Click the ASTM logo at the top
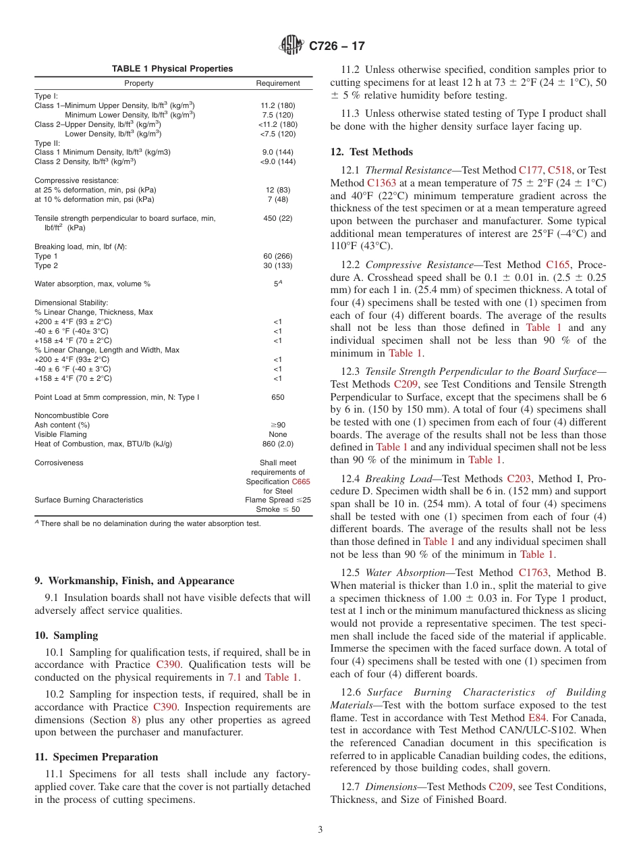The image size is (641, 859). [291, 46]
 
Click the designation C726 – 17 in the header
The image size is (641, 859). [337, 47]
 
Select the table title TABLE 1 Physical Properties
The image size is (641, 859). [172, 69]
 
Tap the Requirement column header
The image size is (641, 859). [277, 83]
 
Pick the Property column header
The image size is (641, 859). [138, 83]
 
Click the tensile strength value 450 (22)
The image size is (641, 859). [277, 218]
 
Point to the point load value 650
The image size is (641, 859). [277, 397]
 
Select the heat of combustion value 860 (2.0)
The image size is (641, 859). [277, 444]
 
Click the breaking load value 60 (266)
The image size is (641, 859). [277, 256]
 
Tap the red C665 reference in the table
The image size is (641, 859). [301, 481]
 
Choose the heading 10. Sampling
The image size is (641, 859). [66, 635]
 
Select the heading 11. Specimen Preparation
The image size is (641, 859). [96, 757]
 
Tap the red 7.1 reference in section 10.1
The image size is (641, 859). [253, 677]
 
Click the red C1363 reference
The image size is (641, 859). [383, 183]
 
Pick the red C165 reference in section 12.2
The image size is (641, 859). [557, 265]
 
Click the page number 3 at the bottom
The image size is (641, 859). [320, 830]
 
